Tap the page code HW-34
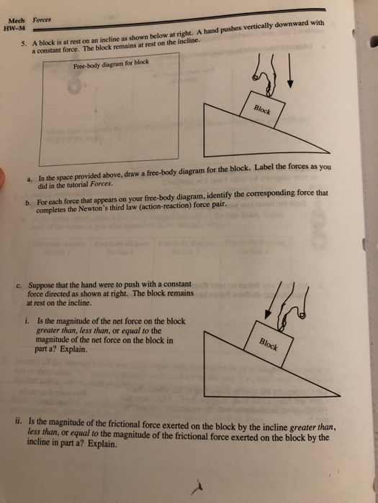[x=14, y=29]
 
